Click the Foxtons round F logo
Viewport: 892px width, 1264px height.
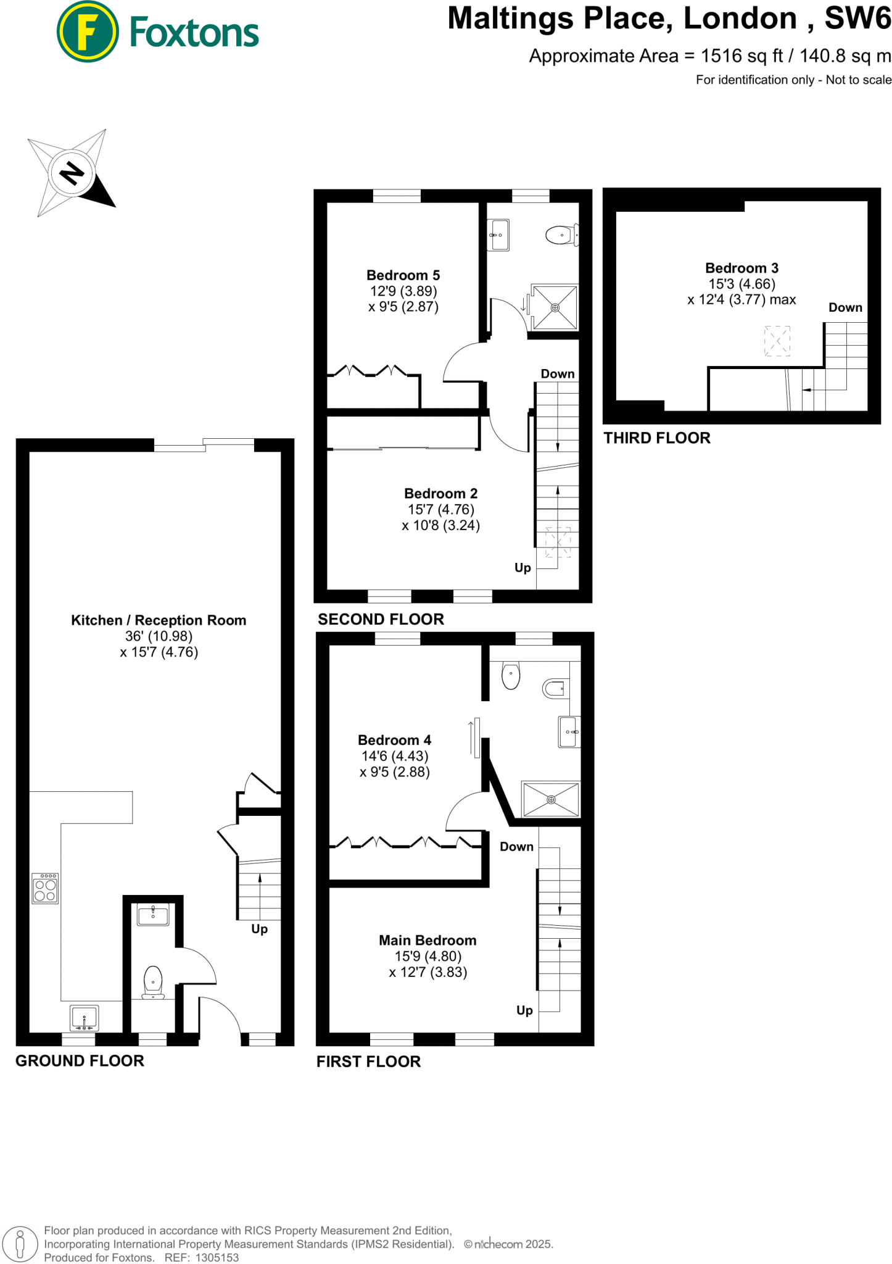click(x=87, y=32)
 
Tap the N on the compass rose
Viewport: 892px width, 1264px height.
click(x=72, y=173)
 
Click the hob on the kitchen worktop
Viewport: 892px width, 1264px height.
click(x=45, y=888)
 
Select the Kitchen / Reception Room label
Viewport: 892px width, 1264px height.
click(x=159, y=620)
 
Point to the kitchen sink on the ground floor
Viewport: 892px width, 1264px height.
click(x=84, y=1018)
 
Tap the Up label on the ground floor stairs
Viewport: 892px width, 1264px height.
click(x=259, y=929)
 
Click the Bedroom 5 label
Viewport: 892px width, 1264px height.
click(x=403, y=275)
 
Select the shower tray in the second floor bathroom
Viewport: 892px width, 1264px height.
click(x=555, y=307)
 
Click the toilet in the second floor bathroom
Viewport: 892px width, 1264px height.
click(x=560, y=235)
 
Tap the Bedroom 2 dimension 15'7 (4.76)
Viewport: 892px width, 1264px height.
click(x=440, y=510)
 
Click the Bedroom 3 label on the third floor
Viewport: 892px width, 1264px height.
click(x=741, y=268)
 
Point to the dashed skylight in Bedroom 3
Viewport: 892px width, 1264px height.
click(x=777, y=341)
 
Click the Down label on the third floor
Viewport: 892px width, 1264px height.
click(x=845, y=307)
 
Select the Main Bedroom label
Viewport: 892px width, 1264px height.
click(x=427, y=941)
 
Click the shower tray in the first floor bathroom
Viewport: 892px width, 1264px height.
click(x=551, y=799)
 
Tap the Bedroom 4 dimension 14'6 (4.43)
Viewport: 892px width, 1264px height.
click(x=395, y=756)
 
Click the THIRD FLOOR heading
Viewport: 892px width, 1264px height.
click(x=657, y=438)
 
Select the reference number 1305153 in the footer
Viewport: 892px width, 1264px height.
click(x=217, y=1257)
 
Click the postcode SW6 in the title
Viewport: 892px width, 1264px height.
click(x=857, y=19)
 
